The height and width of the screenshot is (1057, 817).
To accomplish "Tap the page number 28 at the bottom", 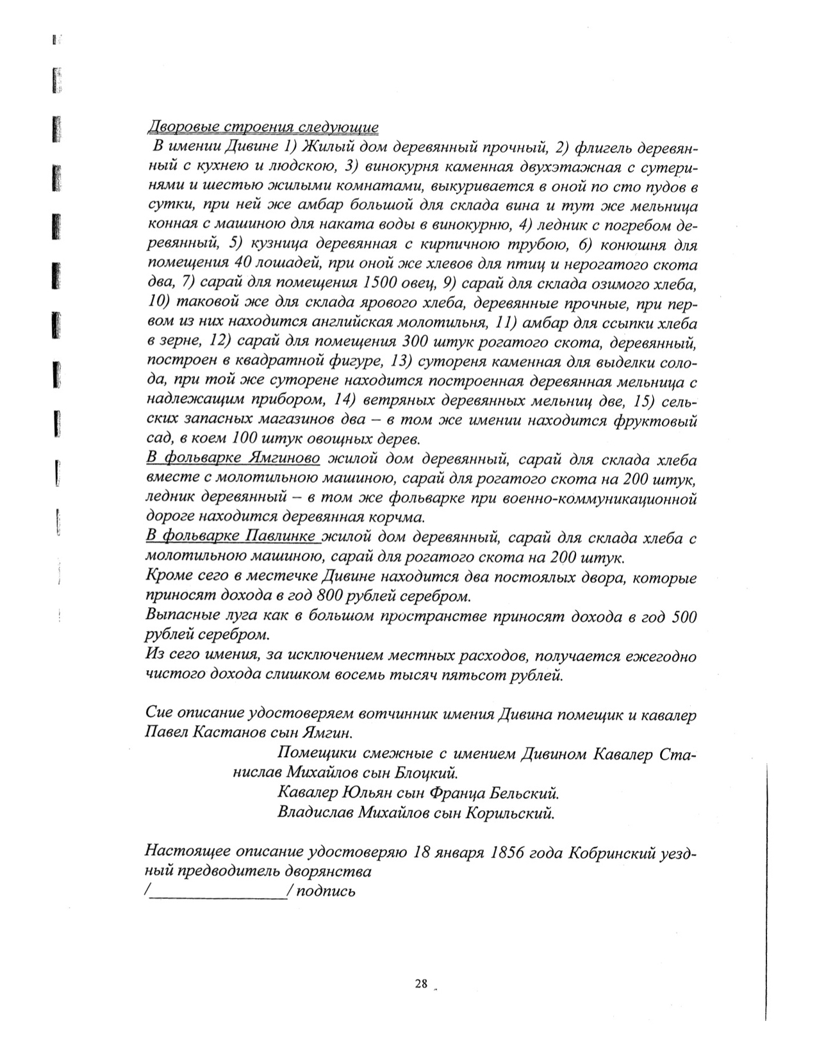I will tap(421, 985).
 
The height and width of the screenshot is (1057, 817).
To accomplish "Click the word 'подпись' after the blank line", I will tap(326, 892).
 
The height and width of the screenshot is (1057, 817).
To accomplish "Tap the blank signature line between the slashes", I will tap(218, 893).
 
